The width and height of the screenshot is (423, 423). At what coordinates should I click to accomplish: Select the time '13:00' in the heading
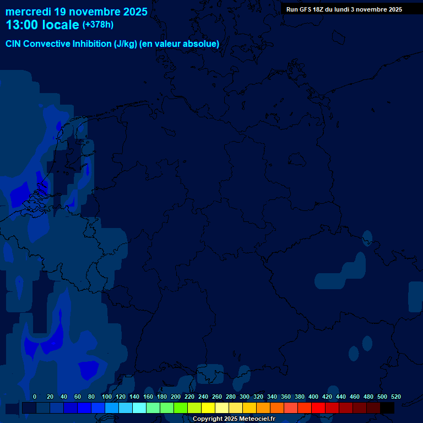click(x=23, y=25)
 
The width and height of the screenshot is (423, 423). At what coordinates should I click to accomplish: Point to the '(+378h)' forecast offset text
click(x=99, y=25)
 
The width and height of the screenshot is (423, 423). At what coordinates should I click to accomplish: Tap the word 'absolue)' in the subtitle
click(x=202, y=44)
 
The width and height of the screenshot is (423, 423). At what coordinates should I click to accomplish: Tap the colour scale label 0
click(x=35, y=397)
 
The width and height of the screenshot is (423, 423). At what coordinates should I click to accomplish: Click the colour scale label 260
click(x=217, y=397)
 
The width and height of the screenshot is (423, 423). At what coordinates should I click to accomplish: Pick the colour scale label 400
click(x=313, y=397)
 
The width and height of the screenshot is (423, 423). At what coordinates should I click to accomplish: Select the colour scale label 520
click(x=396, y=397)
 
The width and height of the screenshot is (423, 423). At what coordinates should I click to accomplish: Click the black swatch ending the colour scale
click(x=387, y=408)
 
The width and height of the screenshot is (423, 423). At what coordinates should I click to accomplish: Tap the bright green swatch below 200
click(x=181, y=408)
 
